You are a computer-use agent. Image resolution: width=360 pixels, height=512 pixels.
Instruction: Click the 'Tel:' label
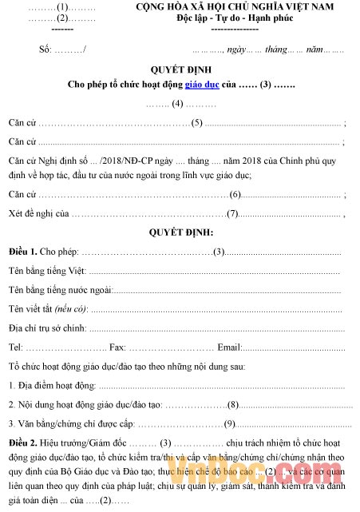[15, 347]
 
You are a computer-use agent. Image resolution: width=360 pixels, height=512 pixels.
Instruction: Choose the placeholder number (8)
[234, 404]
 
